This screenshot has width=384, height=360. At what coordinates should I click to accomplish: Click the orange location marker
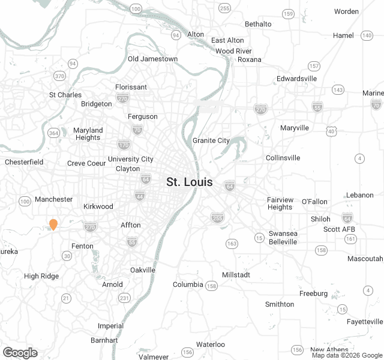53,224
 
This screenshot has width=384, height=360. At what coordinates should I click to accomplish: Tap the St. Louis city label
189,182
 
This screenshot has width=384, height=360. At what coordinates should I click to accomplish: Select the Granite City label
211,140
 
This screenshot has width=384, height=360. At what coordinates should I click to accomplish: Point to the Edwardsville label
296,79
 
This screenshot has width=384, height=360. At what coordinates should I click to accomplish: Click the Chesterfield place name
24,162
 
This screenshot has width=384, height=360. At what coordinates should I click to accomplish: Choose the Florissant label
131,87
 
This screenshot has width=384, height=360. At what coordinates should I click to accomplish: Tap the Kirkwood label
98,206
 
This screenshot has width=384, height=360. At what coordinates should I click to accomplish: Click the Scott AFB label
340,229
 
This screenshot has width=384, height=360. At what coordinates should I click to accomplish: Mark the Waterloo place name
211,344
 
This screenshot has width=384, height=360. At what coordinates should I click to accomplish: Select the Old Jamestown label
152,59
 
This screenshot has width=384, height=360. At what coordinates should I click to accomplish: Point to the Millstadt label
236,274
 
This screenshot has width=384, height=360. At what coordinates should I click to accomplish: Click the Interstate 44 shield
140,196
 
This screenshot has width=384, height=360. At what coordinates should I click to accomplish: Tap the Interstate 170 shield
124,145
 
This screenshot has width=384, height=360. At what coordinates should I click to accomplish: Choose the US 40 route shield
331,130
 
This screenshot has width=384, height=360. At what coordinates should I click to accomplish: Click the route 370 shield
59,76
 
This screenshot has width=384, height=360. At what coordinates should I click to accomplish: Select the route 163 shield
232,243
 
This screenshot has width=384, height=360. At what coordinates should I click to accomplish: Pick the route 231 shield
124,298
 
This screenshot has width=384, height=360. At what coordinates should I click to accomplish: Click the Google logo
20,353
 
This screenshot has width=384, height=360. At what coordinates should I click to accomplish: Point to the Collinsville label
283,158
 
